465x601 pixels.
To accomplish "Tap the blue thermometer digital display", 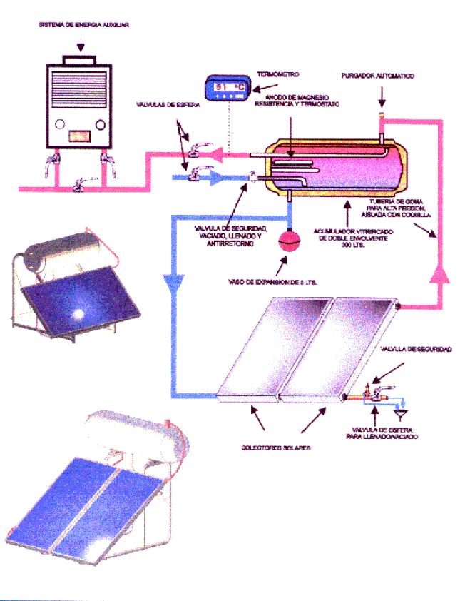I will [x=225, y=88].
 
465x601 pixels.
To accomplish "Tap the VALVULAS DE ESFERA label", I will [x=169, y=105].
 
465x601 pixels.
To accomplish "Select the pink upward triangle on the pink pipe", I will [x=437, y=271].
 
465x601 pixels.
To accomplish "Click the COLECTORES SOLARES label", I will [x=276, y=448].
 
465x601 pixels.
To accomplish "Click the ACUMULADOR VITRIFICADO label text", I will [x=345, y=237].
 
